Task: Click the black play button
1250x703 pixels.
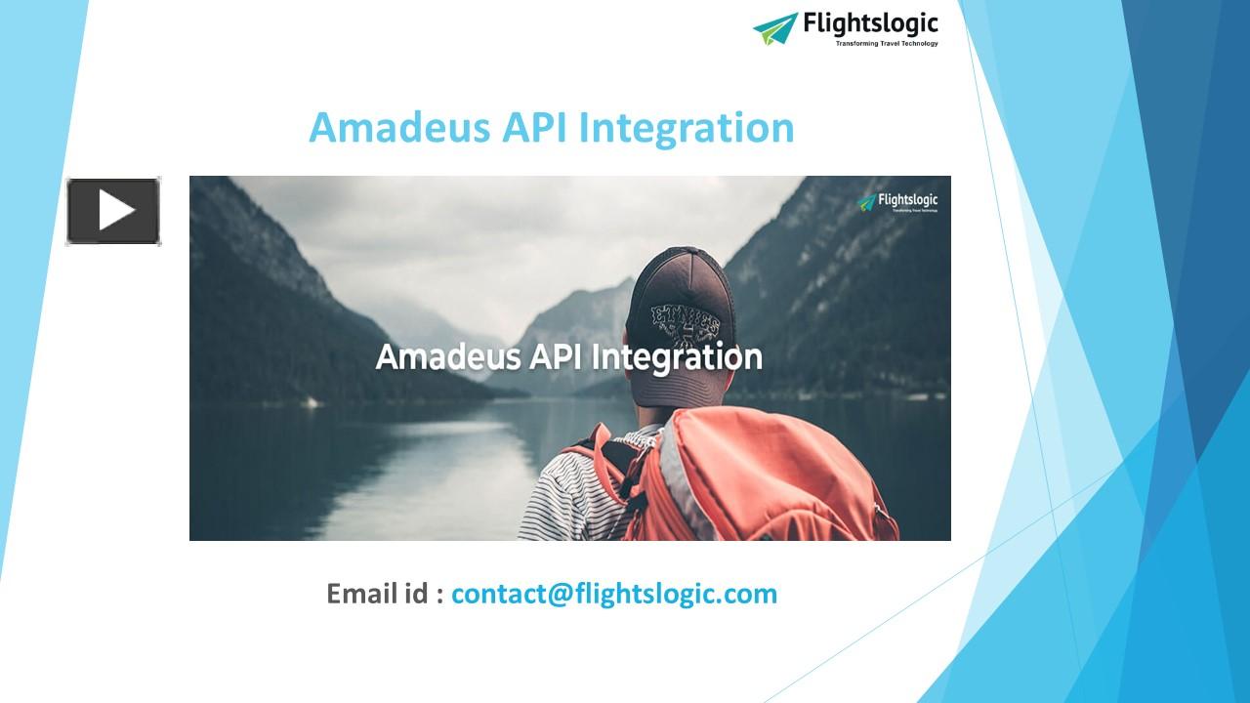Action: coord(113,211)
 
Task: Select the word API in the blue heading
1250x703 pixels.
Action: coord(535,128)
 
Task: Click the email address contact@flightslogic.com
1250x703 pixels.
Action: coord(614,594)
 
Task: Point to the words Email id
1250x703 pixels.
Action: coord(377,594)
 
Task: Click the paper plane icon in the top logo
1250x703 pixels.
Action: coord(775,28)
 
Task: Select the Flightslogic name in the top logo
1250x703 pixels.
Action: coord(870,23)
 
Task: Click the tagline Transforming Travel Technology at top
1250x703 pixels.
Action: coord(886,44)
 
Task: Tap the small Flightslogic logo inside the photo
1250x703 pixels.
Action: coord(897,202)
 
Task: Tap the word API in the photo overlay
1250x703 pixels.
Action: coord(556,356)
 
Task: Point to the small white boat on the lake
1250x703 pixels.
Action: coord(310,401)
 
